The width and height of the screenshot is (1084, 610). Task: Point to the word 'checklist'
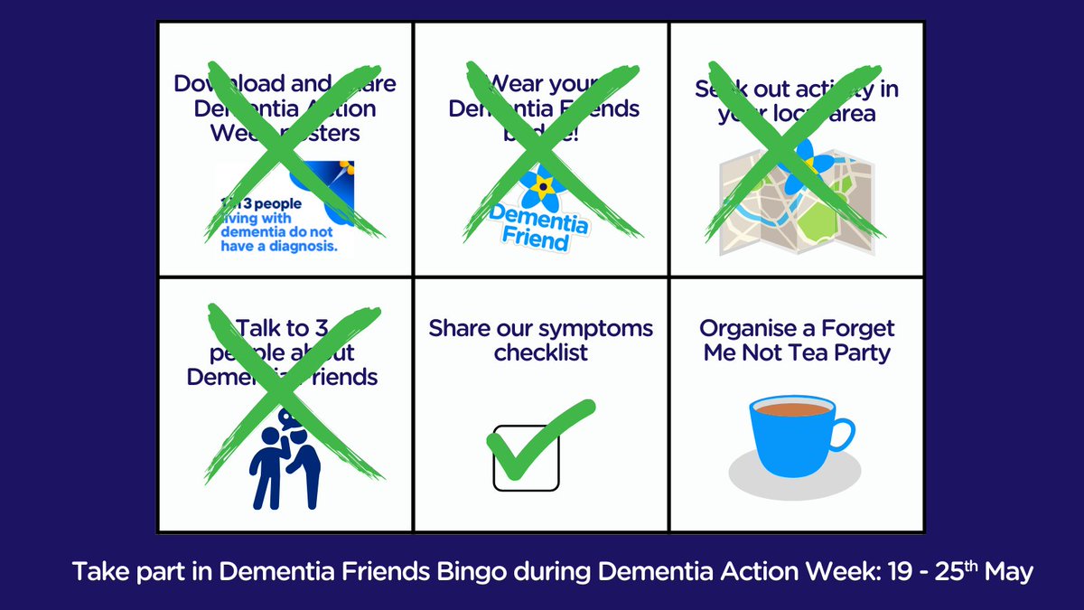point(540,352)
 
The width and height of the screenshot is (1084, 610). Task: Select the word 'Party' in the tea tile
point(860,352)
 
